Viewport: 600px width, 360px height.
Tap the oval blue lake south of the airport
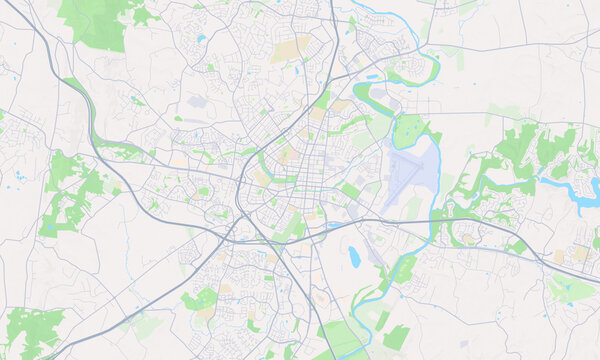tap(354, 257)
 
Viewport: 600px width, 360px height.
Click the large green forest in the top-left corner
tap(100, 22)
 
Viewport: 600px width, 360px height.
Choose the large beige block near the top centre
tap(291, 49)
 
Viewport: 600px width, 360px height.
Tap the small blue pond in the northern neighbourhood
tap(202, 39)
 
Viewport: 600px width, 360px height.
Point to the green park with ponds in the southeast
tap(572, 289)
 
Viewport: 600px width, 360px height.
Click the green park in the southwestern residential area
tap(201, 299)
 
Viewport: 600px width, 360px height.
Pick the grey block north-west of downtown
tap(197, 102)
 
